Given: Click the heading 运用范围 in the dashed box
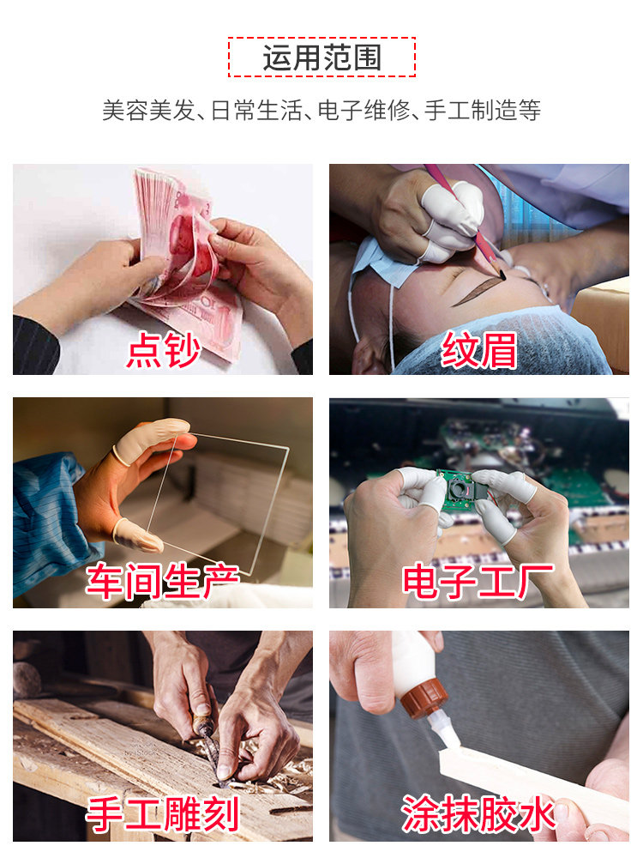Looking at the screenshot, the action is pyautogui.click(x=322, y=57).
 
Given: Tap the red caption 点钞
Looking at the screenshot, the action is pyautogui.click(x=163, y=350).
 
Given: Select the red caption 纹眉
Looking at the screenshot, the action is pyautogui.click(x=479, y=350).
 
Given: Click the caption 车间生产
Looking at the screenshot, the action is pyautogui.click(x=162, y=581).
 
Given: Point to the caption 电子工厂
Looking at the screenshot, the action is pyautogui.click(x=478, y=581).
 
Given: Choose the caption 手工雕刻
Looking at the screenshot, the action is pyautogui.click(x=162, y=814).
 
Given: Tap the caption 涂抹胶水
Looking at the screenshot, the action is pyautogui.click(x=478, y=814).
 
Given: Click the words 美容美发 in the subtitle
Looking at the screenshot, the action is pyautogui.click(x=148, y=110).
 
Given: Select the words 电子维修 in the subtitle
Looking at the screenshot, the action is pyautogui.click(x=364, y=110).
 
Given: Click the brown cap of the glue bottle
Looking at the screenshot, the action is pyautogui.click(x=424, y=698).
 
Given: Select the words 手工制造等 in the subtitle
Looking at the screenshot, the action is pyautogui.click(x=482, y=110).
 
